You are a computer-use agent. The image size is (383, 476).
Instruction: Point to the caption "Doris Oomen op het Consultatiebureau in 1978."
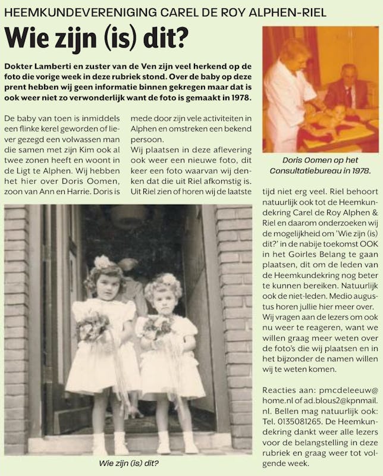click(x=320, y=165)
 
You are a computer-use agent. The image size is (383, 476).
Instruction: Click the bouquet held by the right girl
click(x=156, y=325)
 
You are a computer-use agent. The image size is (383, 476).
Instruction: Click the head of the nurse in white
click(x=296, y=51)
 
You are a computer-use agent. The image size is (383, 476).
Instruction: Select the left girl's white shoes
click(x=110, y=443)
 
